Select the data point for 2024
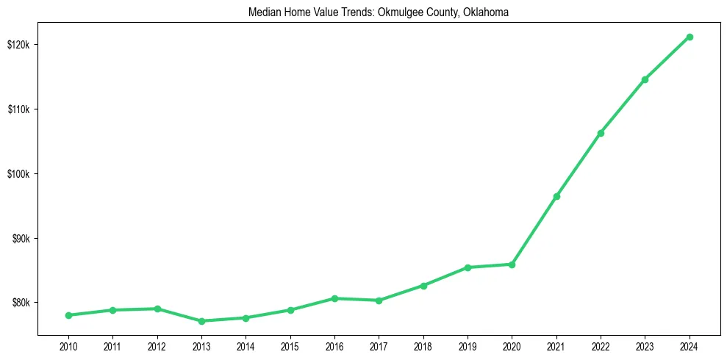pyautogui.click(x=690, y=37)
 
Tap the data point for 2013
pyautogui.click(x=201, y=321)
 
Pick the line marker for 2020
pyautogui.click(x=512, y=264)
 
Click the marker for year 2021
pyautogui.click(x=556, y=196)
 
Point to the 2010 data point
pyautogui.click(x=68, y=315)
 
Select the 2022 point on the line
pyautogui.click(x=601, y=133)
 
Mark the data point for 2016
pyautogui.click(x=334, y=298)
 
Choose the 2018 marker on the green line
pyautogui.click(x=423, y=285)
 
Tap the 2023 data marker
pyautogui.click(x=645, y=79)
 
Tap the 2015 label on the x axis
pyautogui.click(x=290, y=346)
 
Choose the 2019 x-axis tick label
pyautogui.click(x=468, y=346)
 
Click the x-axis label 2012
pyautogui.click(x=157, y=346)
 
